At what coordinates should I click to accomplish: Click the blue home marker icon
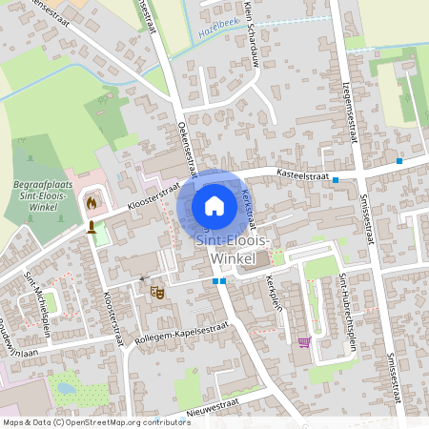click(214, 206)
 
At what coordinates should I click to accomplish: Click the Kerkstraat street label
click(248, 204)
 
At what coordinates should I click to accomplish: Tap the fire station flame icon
click(92, 202)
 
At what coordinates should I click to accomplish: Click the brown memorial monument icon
click(92, 227)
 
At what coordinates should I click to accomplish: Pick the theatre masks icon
click(157, 292)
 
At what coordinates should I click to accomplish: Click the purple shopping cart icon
click(304, 342)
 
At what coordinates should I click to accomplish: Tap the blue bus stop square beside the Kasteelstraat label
click(336, 179)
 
